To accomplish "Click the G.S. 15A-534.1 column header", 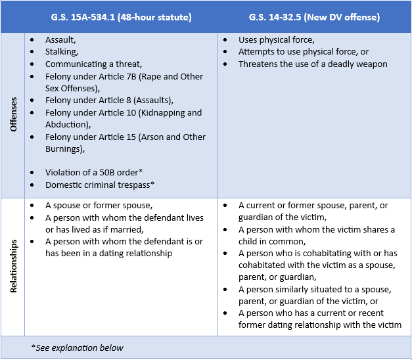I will tap(121, 16).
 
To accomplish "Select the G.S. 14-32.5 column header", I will tap(314, 16).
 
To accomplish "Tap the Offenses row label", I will tap(13, 115).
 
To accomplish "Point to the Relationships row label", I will tap(13, 266).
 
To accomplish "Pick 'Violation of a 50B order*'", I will tap(94, 173).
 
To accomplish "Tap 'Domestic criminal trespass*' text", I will tap(99, 185).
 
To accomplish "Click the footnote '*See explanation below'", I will tap(77, 348).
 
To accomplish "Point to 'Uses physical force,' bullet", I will tap(276, 40).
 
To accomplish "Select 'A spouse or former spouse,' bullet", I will tap(99, 206).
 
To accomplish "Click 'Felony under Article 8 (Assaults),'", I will tap(108, 101).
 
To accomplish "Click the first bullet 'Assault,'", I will tap(60, 40).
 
